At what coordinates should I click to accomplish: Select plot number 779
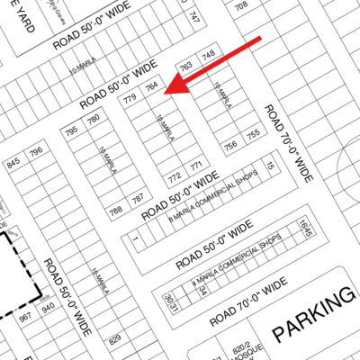130,96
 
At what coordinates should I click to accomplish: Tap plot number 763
186,66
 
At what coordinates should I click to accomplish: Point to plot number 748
208,56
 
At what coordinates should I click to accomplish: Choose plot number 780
93,120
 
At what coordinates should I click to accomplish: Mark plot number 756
231,145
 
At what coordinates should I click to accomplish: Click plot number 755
253,134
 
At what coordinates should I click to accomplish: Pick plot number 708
241,7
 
